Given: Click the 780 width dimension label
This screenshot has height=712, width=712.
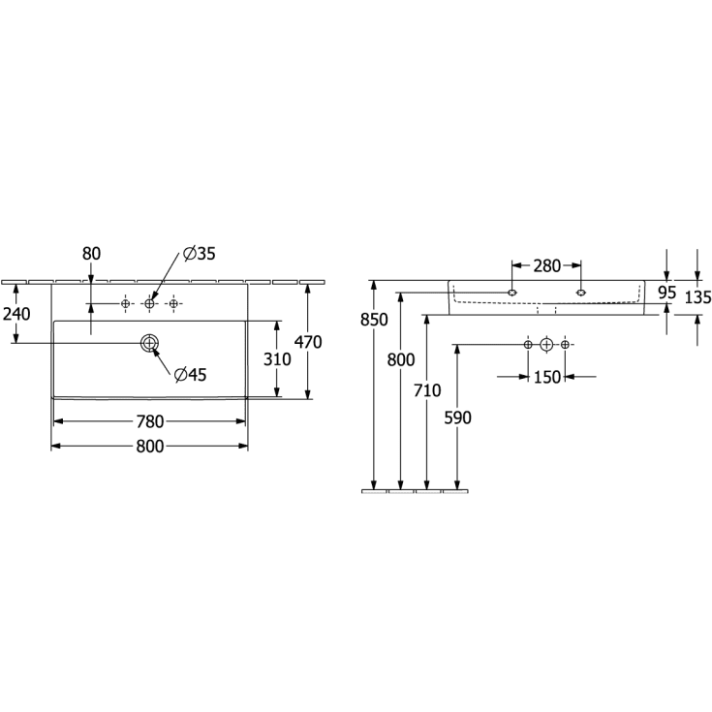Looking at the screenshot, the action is coord(150,421).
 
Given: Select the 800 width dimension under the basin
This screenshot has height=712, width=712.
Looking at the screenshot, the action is coord(150,447).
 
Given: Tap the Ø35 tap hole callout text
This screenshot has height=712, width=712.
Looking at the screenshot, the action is coord(199,254).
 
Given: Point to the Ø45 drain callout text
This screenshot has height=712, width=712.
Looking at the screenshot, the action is coord(190,375).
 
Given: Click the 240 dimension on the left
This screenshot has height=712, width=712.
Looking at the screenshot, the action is coord(16,314).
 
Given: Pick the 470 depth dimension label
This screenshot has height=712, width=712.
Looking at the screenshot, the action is coord(308,342).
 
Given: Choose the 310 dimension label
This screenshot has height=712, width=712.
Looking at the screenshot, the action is coord(277,359).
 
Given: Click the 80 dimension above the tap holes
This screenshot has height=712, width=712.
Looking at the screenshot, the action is coord(91,254).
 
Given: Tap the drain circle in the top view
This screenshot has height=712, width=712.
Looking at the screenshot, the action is coord(149,343).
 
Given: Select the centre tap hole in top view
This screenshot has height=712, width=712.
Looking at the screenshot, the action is coord(149,303).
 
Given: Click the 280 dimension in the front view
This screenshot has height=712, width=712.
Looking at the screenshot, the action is coord(546,265).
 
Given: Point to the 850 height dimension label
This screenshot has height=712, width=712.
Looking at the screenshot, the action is coord(374,320).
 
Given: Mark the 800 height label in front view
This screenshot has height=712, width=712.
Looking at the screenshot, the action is coord(401,360).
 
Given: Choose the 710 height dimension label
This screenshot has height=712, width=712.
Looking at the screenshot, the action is coord(427,390).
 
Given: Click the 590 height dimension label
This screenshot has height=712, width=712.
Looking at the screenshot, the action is coord(457,418).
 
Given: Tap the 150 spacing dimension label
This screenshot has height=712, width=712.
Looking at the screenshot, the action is coord(546,377).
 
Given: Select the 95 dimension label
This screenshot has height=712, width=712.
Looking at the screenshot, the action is coord(667,293).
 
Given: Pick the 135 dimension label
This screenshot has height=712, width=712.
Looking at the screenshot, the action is coord(697,297).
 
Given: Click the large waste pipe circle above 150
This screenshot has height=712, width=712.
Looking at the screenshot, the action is coord(546,345).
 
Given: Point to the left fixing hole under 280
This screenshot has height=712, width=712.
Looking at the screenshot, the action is coord(512,293).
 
